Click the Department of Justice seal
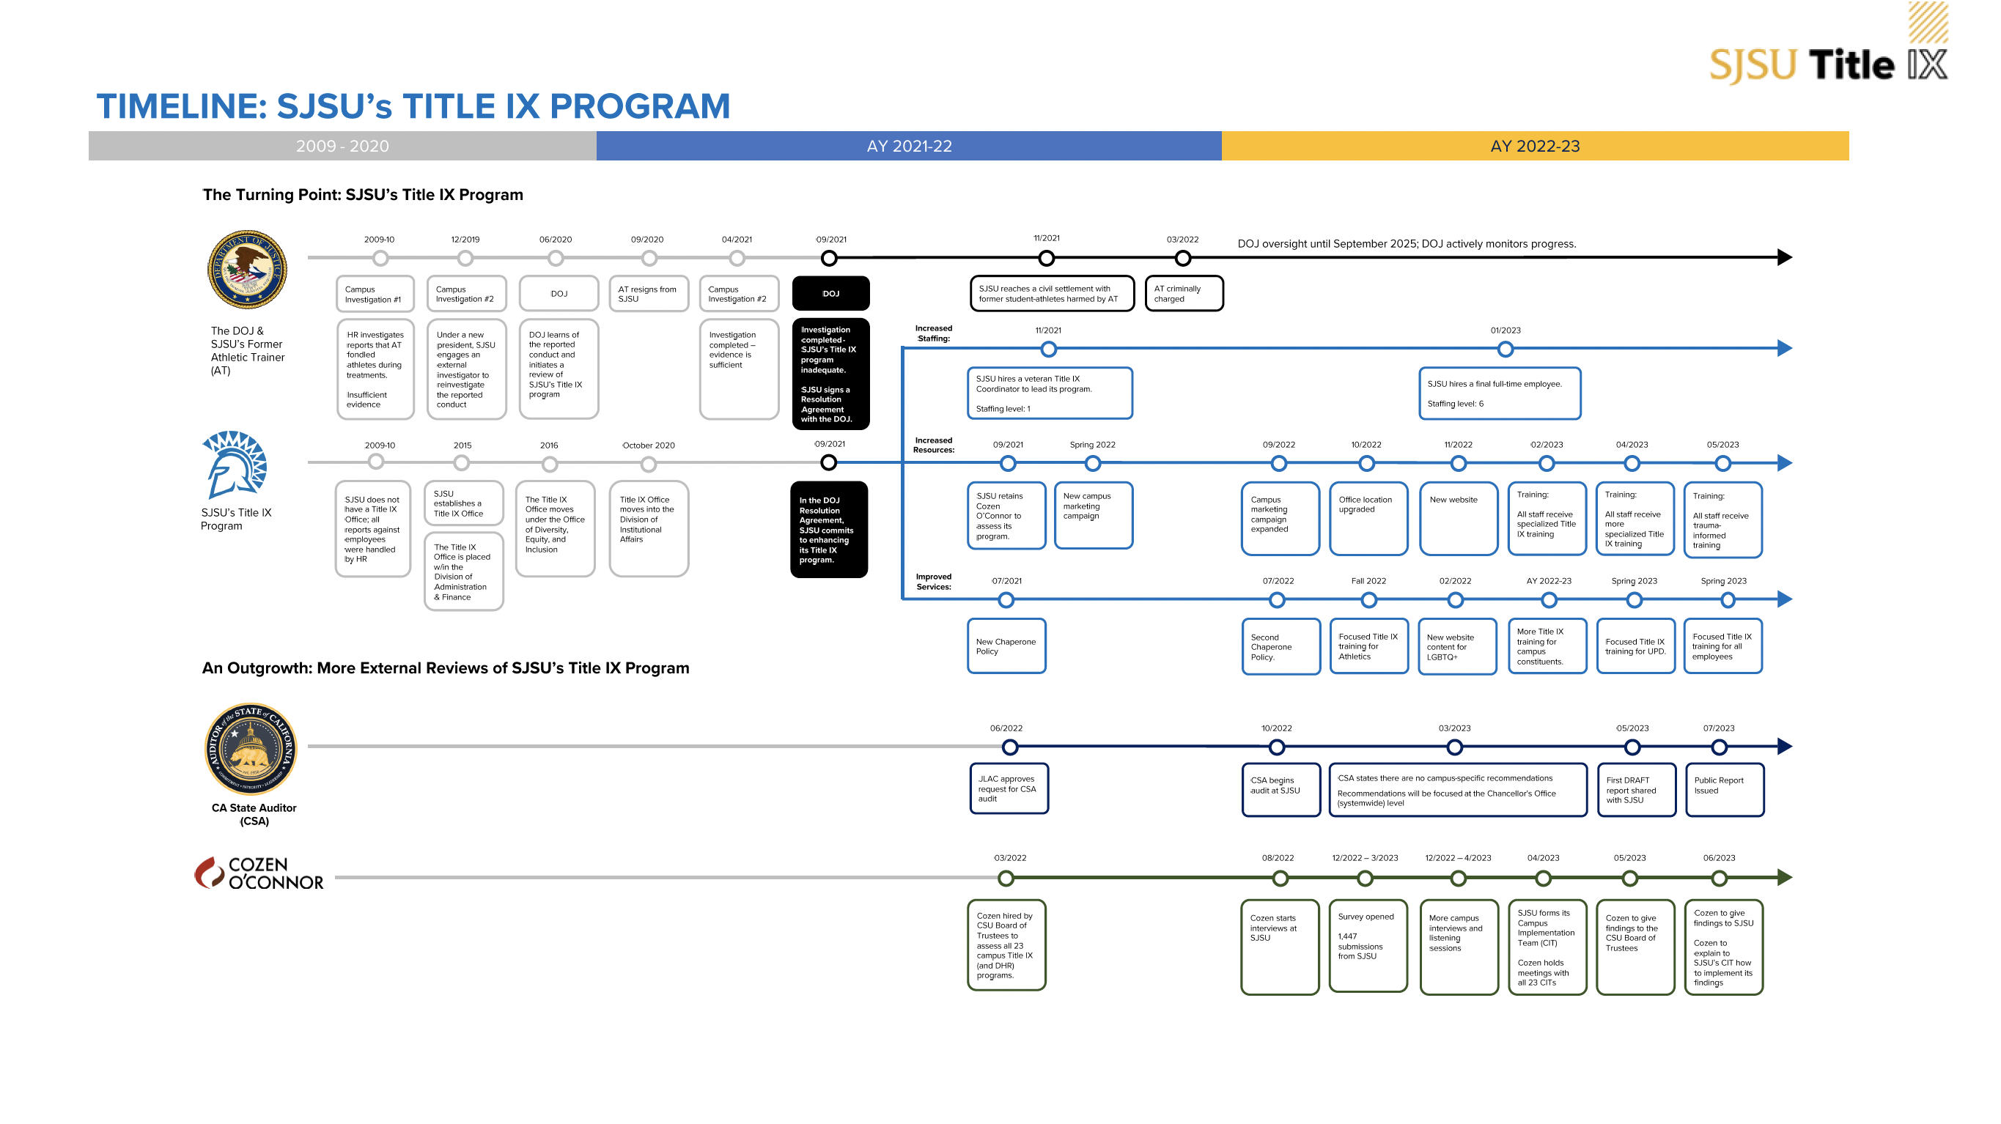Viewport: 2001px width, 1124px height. click(x=247, y=270)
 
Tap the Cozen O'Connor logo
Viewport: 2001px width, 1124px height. click(x=258, y=873)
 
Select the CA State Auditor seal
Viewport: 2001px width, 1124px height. click(x=250, y=749)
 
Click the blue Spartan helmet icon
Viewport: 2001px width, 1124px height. click(x=235, y=465)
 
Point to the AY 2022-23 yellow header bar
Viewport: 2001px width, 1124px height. click(x=1534, y=146)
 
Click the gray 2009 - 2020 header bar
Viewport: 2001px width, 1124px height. click(x=342, y=146)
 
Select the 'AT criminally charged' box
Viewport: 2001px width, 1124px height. click(x=1183, y=294)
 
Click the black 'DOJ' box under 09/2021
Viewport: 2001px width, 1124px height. click(x=830, y=294)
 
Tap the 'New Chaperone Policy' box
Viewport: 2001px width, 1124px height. click(x=1006, y=646)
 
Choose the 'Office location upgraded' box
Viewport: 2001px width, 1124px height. click(x=1367, y=517)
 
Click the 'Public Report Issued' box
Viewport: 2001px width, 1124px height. click(x=1724, y=789)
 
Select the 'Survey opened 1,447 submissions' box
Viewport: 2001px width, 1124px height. click(x=1367, y=945)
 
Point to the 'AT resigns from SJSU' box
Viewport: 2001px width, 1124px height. click(x=648, y=294)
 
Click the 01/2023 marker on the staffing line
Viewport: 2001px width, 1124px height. click(x=1505, y=350)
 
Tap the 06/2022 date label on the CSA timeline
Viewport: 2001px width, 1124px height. click(x=1005, y=728)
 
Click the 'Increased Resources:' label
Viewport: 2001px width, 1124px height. click(x=933, y=445)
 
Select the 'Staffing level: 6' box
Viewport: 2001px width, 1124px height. click(x=1498, y=393)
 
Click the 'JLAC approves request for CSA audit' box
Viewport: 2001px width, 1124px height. click(x=1009, y=788)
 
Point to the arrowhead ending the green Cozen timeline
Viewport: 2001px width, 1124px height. click(x=1784, y=878)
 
